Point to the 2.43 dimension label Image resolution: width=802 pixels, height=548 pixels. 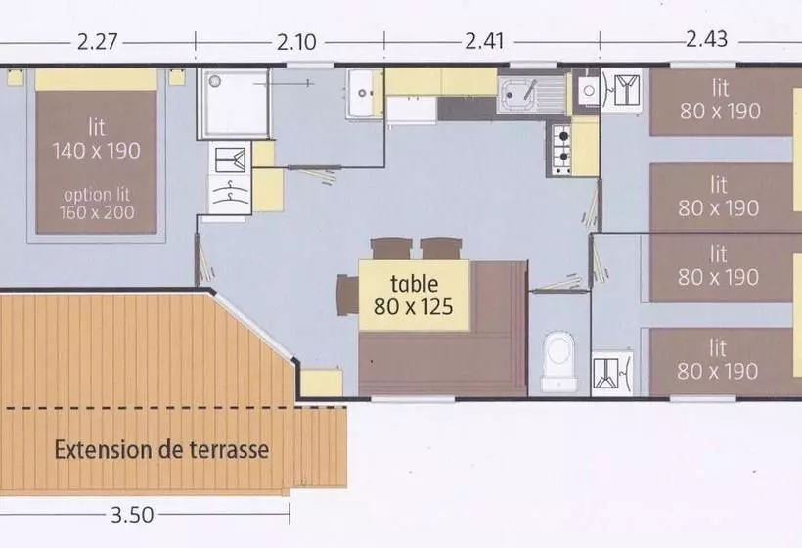[707, 40]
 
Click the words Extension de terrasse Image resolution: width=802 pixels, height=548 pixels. [161, 451]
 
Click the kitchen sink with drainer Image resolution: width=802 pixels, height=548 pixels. [532, 96]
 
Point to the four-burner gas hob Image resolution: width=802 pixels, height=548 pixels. [561, 149]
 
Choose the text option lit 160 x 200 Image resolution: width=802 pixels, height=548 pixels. [98, 203]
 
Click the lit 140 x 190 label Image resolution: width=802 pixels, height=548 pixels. [98, 139]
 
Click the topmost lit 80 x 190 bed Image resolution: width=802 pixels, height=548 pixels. [721, 101]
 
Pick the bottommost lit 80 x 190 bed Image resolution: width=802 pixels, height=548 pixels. [721, 359]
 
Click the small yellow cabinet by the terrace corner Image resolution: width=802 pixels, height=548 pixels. [321, 383]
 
